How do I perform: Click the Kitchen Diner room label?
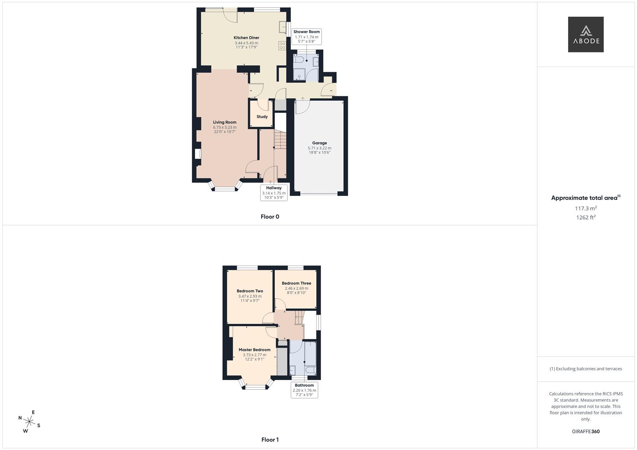(x=246, y=38)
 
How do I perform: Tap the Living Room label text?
(x=224, y=122)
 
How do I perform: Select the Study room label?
(x=262, y=117)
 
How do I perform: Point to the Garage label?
(x=320, y=143)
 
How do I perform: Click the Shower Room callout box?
(x=307, y=37)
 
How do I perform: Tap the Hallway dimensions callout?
(x=274, y=192)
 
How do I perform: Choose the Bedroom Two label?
(x=250, y=291)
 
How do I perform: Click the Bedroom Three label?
(x=296, y=283)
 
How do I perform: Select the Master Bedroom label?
(x=254, y=350)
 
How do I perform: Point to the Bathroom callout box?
(x=304, y=390)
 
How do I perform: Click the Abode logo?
(x=586, y=35)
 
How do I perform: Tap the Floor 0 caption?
(x=270, y=217)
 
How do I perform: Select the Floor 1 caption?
(x=270, y=440)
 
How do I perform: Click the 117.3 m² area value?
(x=586, y=208)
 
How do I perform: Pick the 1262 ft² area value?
(x=586, y=217)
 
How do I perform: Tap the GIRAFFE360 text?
(x=586, y=432)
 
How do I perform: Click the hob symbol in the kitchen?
(x=282, y=46)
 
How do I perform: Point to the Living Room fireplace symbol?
(x=198, y=154)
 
